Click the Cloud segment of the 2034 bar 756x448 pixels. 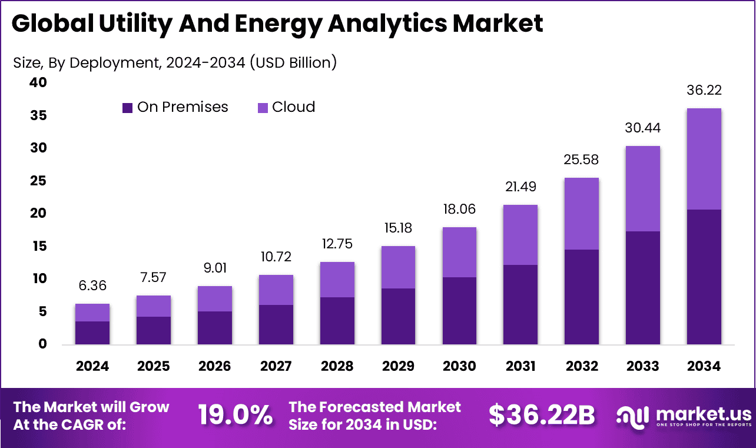pos(704,159)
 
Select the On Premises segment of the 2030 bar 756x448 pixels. pos(459,310)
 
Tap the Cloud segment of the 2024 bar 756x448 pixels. pos(92,313)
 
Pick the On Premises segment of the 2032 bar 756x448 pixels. pos(581,297)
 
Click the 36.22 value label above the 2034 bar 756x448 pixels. pos(704,91)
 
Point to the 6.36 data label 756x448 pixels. pos(92,286)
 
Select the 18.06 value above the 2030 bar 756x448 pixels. pos(459,210)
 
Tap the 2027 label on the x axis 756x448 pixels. pos(276,366)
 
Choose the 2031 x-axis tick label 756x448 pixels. pos(520,366)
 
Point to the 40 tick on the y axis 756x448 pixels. pos(38,83)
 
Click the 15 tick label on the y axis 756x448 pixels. pos(38,246)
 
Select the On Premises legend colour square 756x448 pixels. pos(128,108)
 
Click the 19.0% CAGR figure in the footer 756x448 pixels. pos(235,415)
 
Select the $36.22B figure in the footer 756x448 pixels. pos(542,415)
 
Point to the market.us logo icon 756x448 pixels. pos(632,415)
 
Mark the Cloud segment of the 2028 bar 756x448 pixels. pos(337,280)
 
